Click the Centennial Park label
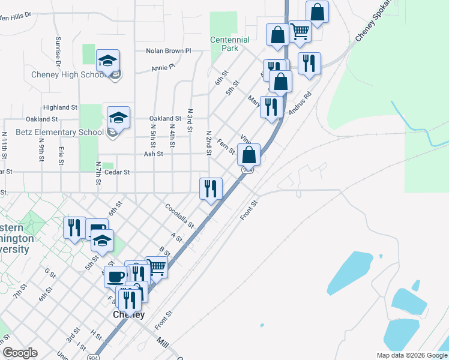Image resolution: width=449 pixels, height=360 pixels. point(230,44)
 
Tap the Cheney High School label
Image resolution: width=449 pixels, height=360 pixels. point(68,75)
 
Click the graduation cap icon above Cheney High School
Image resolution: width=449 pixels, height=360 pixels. point(108,61)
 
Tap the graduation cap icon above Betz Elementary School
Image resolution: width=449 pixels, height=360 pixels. point(118,118)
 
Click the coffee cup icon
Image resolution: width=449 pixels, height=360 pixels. point(116,276)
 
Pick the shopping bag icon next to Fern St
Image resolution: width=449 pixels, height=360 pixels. point(249,155)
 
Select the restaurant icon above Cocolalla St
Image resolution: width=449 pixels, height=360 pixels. point(211,189)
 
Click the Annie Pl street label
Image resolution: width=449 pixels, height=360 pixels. point(162,68)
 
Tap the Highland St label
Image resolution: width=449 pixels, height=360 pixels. point(61,107)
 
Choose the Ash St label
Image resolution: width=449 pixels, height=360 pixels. point(154,154)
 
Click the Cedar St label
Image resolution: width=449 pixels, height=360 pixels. point(117,172)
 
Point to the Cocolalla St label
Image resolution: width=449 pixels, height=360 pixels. point(179,215)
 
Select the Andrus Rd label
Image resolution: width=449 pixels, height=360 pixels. point(301,103)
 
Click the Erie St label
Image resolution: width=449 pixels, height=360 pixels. point(61,152)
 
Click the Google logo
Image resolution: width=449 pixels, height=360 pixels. point(20,353)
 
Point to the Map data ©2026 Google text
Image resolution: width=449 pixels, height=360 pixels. point(411,355)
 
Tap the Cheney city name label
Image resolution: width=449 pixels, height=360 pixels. point(129,314)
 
